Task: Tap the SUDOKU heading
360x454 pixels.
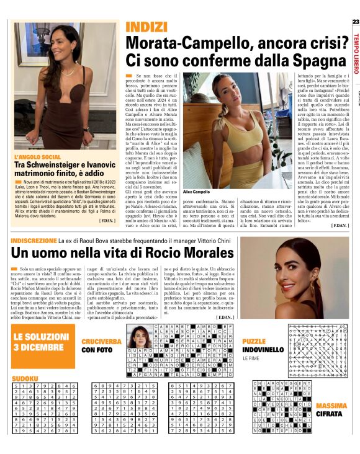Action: pos(24,360)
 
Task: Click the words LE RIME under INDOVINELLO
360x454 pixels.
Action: pos(251,358)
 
